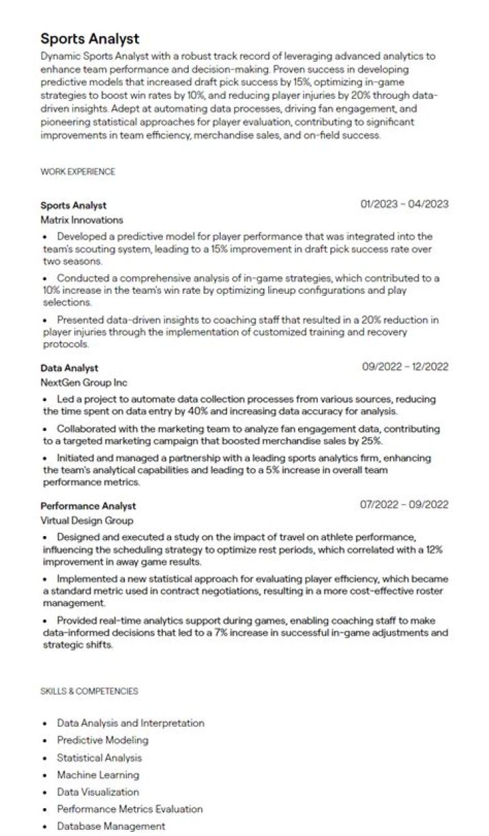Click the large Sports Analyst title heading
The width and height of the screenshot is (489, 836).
click(x=90, y=39)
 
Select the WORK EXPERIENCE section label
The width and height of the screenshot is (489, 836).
click(x=77, y=172)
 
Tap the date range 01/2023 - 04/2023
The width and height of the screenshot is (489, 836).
click(x=405, y=204)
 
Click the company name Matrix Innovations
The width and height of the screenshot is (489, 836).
click(x=81, y=220)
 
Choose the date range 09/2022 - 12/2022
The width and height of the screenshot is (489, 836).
click(x=405, y=367)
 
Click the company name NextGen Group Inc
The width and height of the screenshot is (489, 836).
click(x=84, y=383)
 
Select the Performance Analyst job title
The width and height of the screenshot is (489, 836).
click(x=88, y=506)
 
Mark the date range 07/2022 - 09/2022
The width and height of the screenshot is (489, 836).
click(x=405, y=505)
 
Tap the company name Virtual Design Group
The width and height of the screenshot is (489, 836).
click(x=87, y=520)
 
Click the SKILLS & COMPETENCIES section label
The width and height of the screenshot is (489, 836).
click(x=89, y=691)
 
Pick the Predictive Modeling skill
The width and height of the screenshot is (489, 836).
click(x=103, y=740)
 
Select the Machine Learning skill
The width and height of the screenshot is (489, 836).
click(x=98, y=774)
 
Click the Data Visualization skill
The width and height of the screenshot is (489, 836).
click(x=98, y=792)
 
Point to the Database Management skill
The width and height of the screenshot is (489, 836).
click(x=111, y=826)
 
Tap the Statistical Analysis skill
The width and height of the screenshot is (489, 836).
click(x=99, y=757)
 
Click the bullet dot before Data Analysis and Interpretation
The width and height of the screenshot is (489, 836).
click(x=45, y=724)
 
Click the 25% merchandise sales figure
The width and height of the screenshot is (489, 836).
click(x=372, y=440)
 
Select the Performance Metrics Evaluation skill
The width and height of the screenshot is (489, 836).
click(x=130, y=809)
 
